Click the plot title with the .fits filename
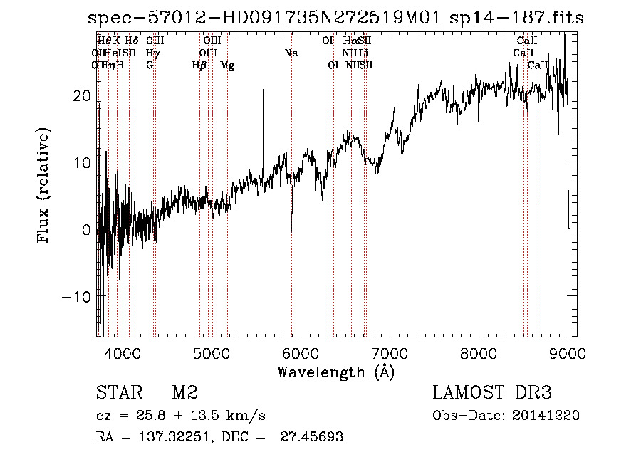click(x=335, y=18)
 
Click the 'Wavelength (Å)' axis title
click(x=335, y=372)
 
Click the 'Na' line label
click(x=291, y=53)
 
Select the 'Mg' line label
click(x=227, y=65)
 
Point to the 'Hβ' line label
click(x=199, y=65)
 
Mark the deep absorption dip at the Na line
click(x=291, y=229)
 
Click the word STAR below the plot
click(x=118, y=392)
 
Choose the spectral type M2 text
click(x=184, y=392)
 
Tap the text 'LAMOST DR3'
click(x=492, y=392)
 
